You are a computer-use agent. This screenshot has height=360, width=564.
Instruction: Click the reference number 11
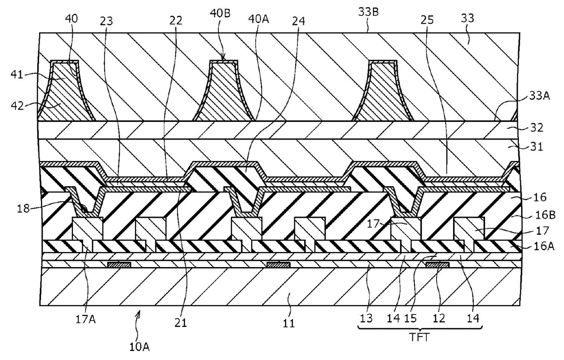[x=289, y=324]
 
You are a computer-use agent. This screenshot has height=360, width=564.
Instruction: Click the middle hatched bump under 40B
[x=222, y=96]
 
